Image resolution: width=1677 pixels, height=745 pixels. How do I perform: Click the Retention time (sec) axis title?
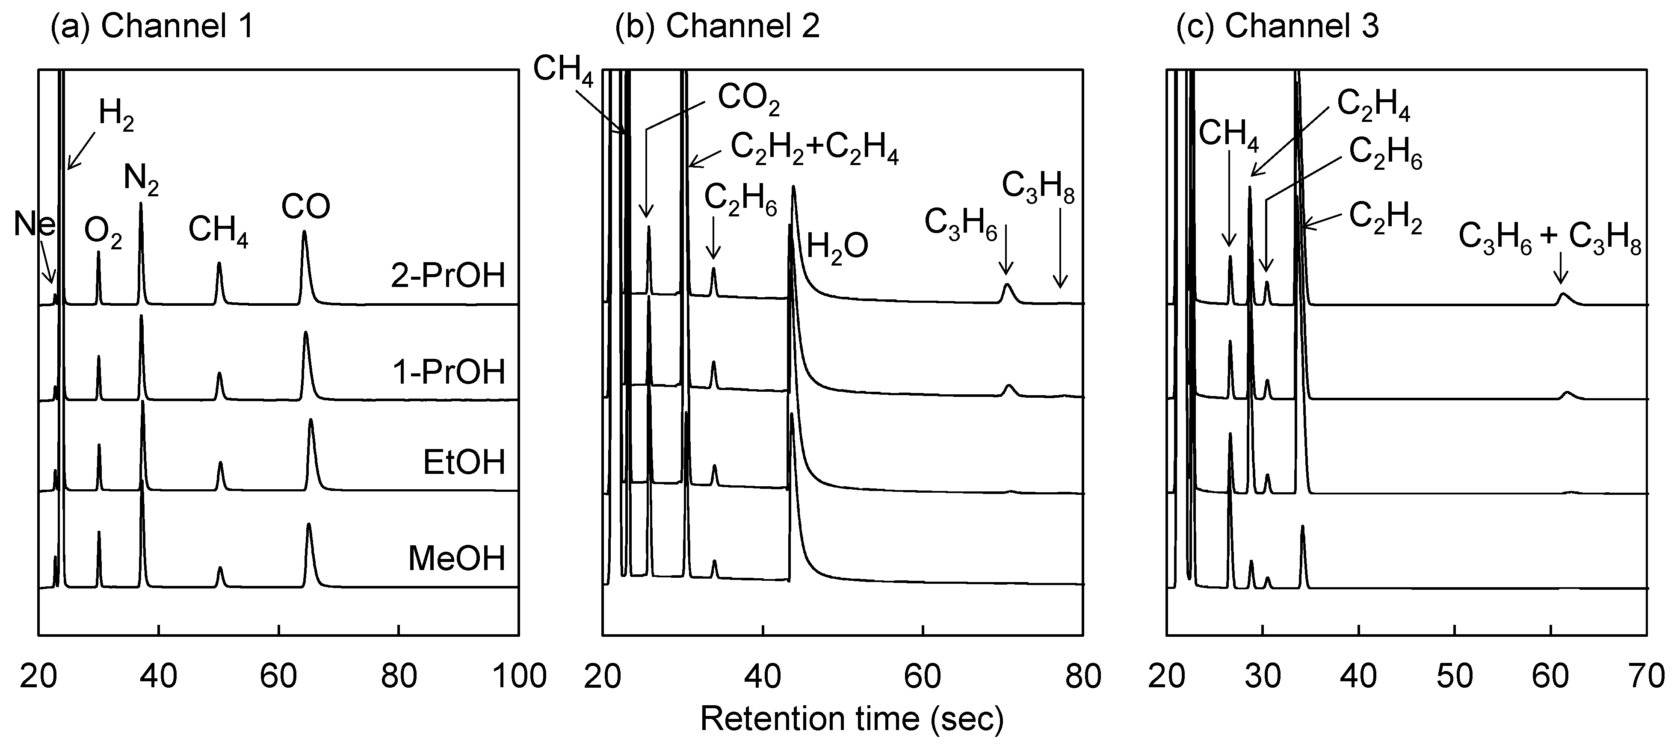click(852, 719)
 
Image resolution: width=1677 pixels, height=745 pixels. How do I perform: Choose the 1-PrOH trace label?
click(449, 372)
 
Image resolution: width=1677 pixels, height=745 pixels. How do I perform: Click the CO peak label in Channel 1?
click(305, 207)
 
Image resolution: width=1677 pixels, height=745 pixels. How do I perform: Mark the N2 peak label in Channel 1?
click(141, 178)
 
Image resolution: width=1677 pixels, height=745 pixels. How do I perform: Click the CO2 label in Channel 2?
click(748, 99)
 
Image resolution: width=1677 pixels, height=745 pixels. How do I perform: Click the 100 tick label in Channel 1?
click(519, 676)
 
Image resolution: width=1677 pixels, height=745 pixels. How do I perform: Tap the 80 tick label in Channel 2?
click(1083, 676)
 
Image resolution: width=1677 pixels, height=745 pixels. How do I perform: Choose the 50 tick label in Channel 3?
click(1454, 676)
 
